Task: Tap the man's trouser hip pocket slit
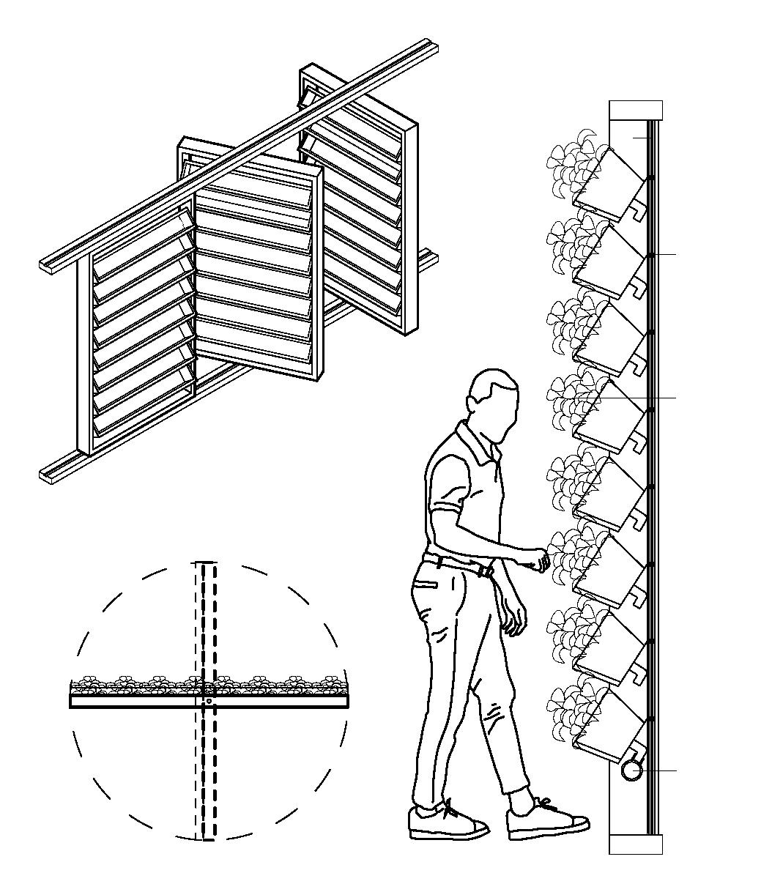[426, 584]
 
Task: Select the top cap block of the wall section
[636, 110]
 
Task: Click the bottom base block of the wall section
[636, 844]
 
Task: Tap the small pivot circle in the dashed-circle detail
[209, 701]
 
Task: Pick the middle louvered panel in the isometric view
[256, 271]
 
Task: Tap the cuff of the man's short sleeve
[450, 505]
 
